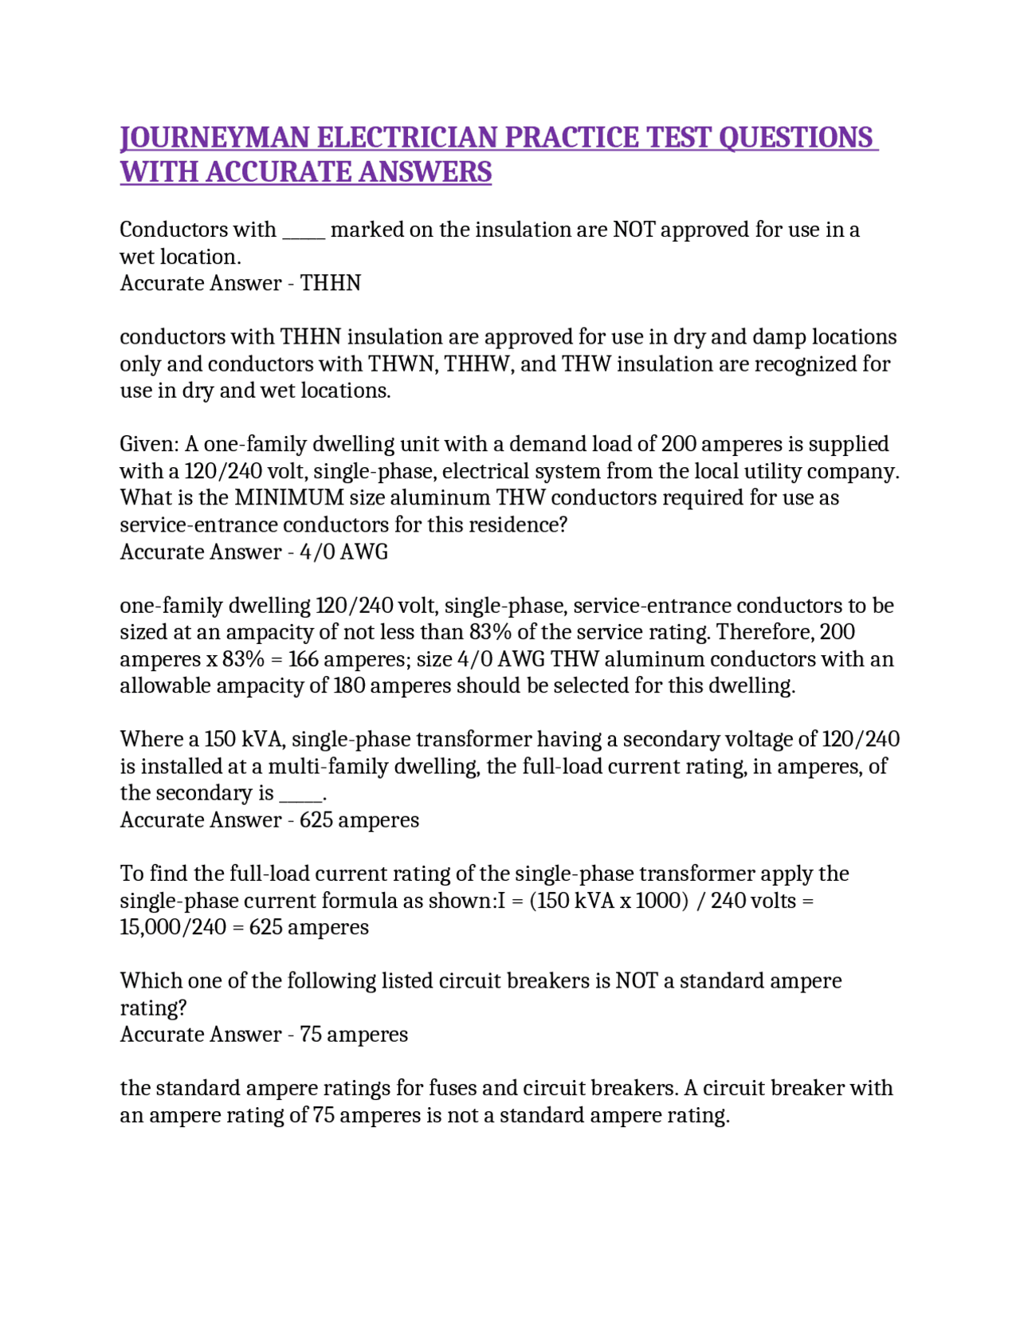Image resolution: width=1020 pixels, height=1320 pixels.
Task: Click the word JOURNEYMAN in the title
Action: point(214,138)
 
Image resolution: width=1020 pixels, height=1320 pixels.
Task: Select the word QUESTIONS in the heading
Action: point(795,138)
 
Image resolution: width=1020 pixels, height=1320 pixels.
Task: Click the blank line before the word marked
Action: point(303,230)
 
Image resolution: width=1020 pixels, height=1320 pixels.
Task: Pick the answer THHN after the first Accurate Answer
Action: point(331,283)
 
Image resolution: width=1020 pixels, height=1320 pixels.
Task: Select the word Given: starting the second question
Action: point(149,444)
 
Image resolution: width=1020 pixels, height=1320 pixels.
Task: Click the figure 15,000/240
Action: point(173,928)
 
